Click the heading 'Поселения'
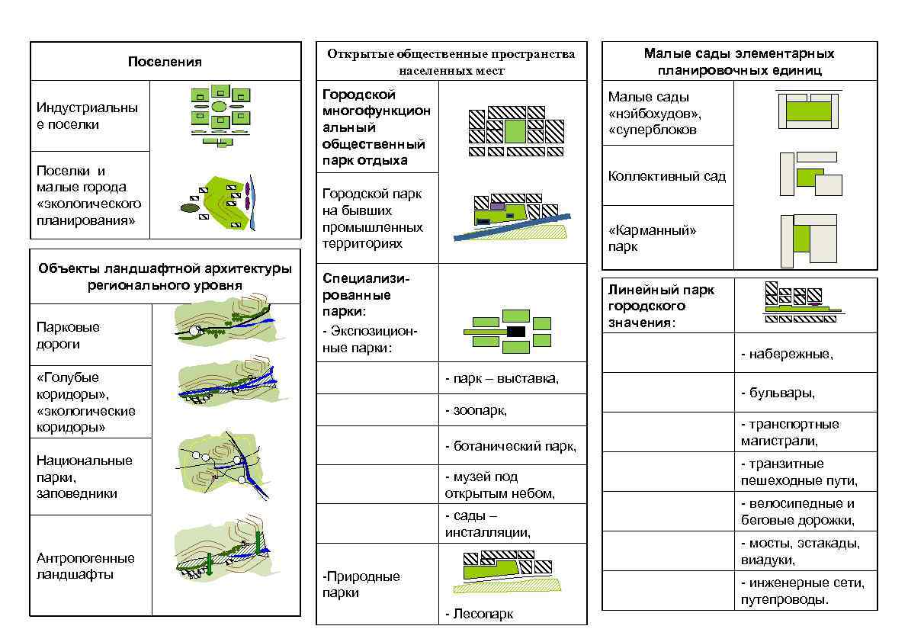click(165, 62)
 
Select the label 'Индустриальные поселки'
click(87, 116)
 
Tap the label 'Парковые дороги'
click(68, 335)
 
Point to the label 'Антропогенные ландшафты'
click(85, 566)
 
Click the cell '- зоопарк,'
click(476, 411)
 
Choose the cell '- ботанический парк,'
click(511, 446)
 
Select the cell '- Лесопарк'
click(480, 614)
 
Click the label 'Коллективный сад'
click(666, 176)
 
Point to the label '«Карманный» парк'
click(652, 238)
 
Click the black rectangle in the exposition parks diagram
click(516, 332)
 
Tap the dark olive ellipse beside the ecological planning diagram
click(189, 207)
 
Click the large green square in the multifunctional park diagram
click(515, 130)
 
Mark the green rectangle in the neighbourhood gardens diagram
click(807, 111)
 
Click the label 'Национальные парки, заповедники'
click(85, 477)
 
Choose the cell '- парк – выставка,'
click(502, 379)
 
